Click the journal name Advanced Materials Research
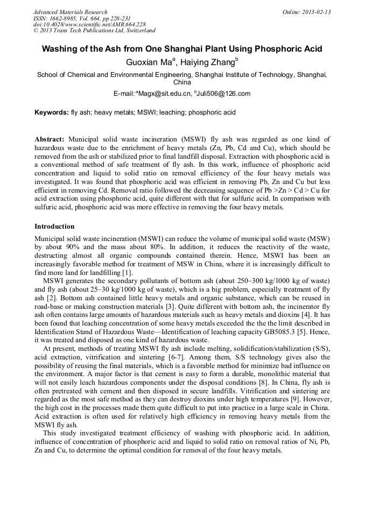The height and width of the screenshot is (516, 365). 70,12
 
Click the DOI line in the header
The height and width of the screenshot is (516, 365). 89,24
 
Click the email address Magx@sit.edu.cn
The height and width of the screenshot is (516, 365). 164,94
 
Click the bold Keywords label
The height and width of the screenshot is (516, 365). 51,113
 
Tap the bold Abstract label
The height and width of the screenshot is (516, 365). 50,139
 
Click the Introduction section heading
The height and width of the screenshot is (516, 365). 54,227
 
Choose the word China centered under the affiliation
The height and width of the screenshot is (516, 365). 182,83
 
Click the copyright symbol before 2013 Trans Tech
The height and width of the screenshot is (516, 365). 36,31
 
